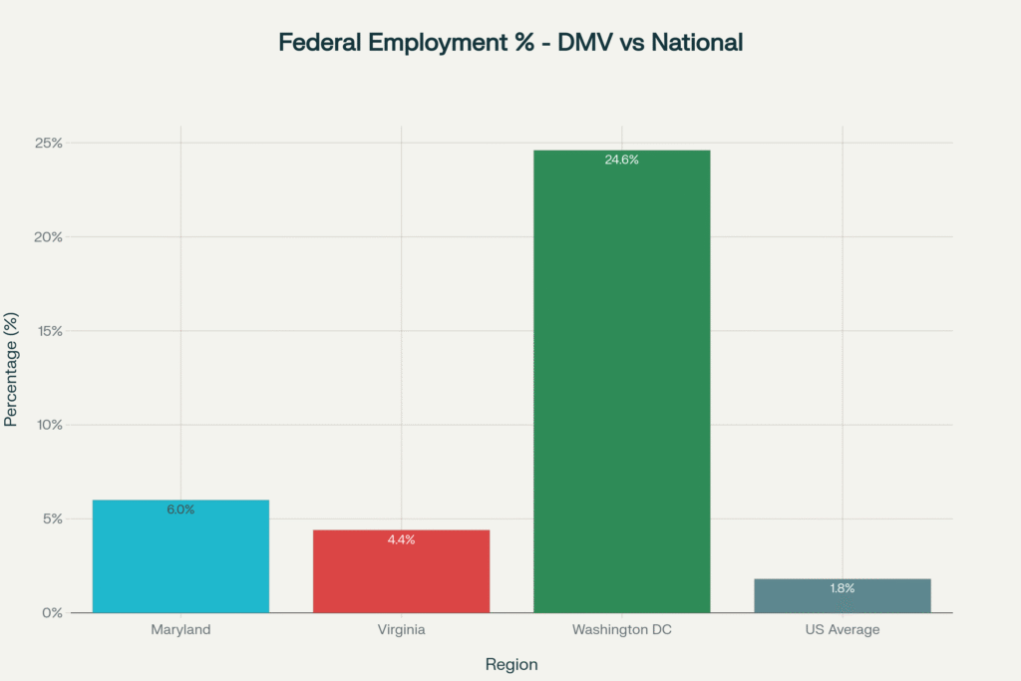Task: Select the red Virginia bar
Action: pos(401,578)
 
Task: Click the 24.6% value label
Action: pos(621,160)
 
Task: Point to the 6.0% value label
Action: pos(180,510)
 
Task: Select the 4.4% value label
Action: pos(401,539)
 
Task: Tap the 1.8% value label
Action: pos(843,588)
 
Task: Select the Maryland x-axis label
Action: pos(180,630)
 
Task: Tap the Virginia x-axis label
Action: pos(401,630)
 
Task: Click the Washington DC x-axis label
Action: pos(621,630)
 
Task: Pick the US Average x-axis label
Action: pos(843,630)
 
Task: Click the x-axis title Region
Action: pos(511,664)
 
